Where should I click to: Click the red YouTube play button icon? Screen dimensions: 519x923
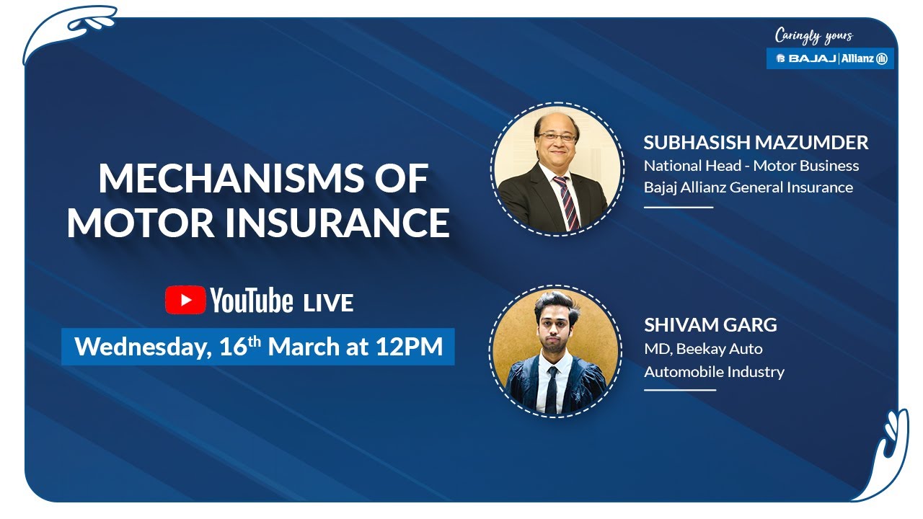185,301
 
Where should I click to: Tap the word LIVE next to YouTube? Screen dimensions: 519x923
328,303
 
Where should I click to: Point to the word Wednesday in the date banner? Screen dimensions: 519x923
141,347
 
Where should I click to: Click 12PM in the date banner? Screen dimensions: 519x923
409,347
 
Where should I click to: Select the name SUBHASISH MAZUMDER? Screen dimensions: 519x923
756,143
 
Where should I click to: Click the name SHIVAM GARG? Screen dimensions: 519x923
710,325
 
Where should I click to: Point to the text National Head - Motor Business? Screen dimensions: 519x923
751,166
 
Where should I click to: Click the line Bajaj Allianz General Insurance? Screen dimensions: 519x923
748,187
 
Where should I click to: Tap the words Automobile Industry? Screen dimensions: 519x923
714,372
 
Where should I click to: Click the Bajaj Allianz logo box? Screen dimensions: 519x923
830,58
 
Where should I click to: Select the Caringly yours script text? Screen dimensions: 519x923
813,35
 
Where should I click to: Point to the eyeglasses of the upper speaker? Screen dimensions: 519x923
556,136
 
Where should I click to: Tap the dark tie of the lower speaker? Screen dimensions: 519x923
552,389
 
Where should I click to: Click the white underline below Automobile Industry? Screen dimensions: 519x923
679,390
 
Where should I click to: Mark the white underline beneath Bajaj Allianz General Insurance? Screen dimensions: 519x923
678,207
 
